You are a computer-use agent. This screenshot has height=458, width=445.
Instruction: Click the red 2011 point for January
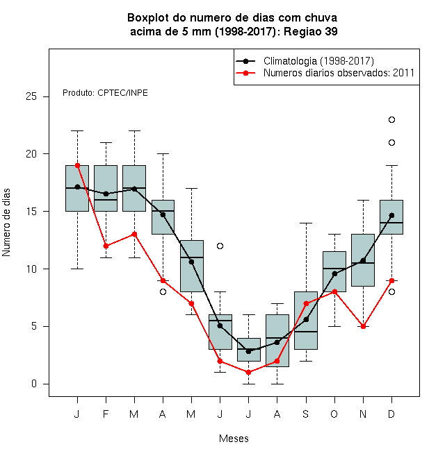click(x=78, y=165)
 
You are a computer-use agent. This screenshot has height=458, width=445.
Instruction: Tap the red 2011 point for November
click(x=364, y=326)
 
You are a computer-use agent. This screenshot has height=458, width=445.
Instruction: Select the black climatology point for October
click(x=334, y=273)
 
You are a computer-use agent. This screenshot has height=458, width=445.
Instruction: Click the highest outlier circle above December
click(x=391, y=119)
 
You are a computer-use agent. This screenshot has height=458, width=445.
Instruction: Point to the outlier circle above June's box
click(x=220, y=246)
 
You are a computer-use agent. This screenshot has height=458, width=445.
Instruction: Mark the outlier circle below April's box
click(x=163, y=291)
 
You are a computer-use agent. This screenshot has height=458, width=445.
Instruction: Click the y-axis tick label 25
click(x=31, y=96)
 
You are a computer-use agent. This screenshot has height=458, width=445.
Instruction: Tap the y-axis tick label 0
click(x=34, y=384)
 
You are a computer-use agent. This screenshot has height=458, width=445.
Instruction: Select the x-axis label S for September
click(x=306, y=414)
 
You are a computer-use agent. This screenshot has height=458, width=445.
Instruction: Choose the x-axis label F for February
click(x=106, y=414)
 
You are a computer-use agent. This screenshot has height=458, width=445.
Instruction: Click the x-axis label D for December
click(x=391, y=414)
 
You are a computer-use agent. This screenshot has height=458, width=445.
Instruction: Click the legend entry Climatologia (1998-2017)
click(x=318, y=61)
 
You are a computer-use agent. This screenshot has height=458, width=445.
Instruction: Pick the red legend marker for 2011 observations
click(x=246, y=73)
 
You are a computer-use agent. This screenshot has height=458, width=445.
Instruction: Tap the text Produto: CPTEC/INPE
click(x=105, y=93)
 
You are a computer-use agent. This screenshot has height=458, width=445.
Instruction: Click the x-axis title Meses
click(x=234, y=439)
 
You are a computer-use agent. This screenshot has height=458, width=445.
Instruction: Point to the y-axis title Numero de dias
click(x=6, y=223)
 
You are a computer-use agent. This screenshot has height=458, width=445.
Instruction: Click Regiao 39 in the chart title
click(x=311, y=31)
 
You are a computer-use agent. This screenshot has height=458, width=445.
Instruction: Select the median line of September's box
click(x=306, y=332)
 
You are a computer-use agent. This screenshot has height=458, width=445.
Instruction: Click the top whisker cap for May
click(x=191, y=188)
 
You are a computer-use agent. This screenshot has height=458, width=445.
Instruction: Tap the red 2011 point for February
click(x=106, y=246)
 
